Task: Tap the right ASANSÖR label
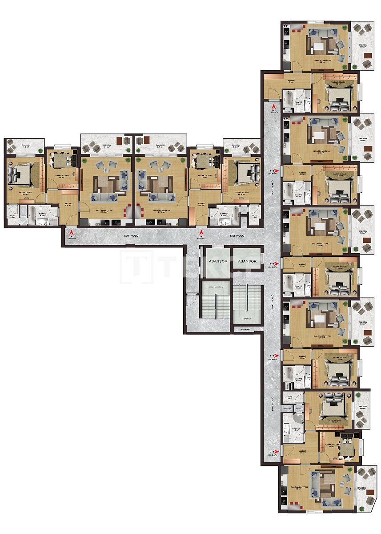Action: pos(247,261)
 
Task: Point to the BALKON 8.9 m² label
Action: pos(363,45)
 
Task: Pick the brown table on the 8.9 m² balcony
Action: pos(369,55)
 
